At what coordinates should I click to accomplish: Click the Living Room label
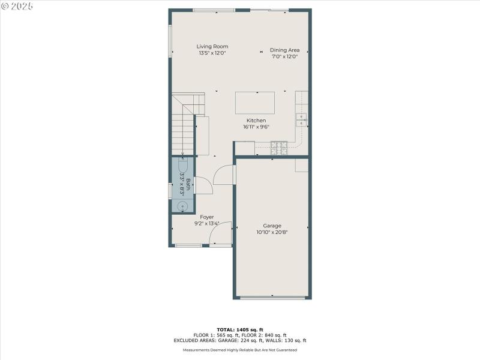coord(212,46)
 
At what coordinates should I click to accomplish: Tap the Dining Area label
coord(284,50)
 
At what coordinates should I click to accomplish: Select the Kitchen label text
coord(256,121)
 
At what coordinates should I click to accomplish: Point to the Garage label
coord(272,226)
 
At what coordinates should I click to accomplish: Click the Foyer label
coord(206,217)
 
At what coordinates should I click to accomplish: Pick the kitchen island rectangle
coord(255,102)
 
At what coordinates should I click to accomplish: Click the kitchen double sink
coord(301,119)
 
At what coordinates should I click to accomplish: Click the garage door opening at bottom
coord(272,297)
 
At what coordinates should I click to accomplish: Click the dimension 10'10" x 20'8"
coord(272,232)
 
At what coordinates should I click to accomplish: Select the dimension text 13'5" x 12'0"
coord(212,53)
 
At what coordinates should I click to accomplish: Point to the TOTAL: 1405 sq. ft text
coord(239,330)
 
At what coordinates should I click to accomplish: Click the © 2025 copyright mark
coord(17,6)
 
